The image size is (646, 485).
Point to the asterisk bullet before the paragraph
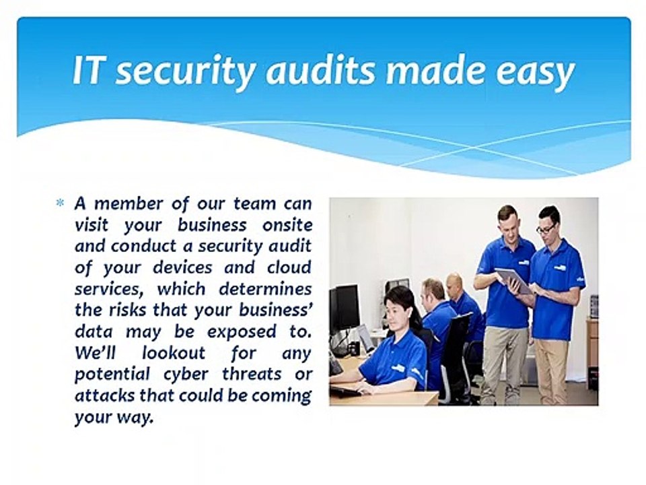[x=60, y=203]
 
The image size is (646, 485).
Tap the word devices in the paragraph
[x=191, y=267]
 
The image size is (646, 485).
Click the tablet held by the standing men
[x=513, y=280]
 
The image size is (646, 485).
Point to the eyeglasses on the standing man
[x=546, y=229]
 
